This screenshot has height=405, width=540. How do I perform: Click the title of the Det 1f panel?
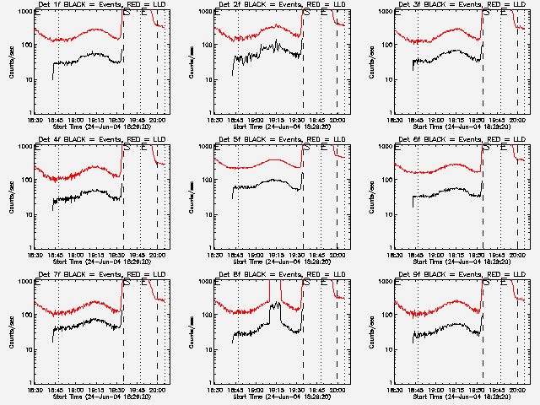coord(100,4)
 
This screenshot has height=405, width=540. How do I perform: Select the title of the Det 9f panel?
coord(461,274)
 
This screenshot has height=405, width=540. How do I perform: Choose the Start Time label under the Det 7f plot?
coord(100,397)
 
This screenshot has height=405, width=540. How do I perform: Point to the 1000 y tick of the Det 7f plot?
coord(26,281)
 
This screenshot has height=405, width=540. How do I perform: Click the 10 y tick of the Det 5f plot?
coord(208,214)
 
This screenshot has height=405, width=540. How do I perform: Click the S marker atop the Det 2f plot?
coord(307,13)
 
